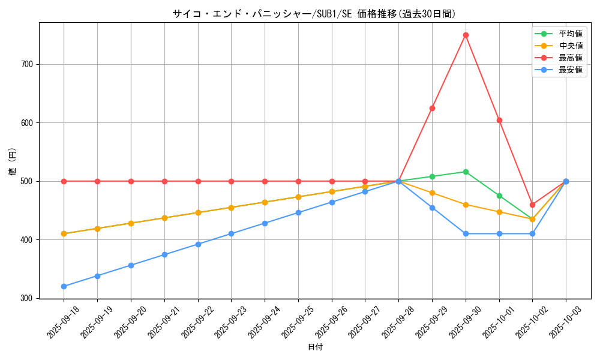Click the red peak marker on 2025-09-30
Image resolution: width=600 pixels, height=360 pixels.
[x=466, y=35]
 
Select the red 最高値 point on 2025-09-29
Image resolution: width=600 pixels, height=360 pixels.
[x=432, y=108]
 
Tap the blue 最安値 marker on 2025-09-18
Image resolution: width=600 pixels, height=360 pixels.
[x=64, y=286]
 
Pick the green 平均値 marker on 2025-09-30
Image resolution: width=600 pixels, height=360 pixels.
[x=466, y=172]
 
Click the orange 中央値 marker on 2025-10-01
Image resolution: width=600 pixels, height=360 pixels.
[x=499, y=212]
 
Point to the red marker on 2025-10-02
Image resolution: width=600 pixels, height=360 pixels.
[x=532, y=205]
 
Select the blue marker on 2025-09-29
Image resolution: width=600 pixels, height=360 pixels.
[x=432, y=208]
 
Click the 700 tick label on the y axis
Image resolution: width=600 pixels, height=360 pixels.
[x=28, y=64]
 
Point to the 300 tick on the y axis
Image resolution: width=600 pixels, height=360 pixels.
[x=28, y=298]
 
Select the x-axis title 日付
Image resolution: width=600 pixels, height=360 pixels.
[x=315, y=347]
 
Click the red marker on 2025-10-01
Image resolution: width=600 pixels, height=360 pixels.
[x=499, y=120]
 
